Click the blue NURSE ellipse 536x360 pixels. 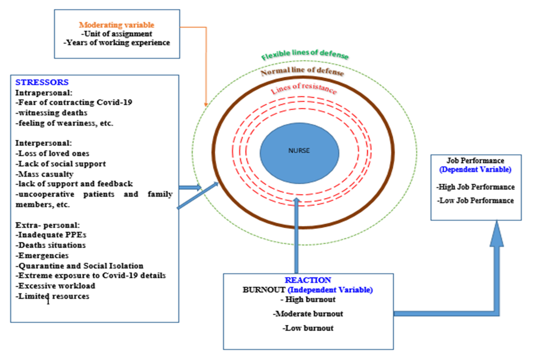click(x=299, y=150)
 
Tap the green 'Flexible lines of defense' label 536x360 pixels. click(x=305, y=56)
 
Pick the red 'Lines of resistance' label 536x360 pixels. click(x=304, y=90)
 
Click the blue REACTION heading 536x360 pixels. click(x=308, y=281)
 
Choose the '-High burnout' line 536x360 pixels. click(x=309, y=299)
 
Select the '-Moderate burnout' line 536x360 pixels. click(x=308, y=314)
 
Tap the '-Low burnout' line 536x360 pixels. click(x=308, y=328)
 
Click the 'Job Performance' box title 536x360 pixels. click(x=475, y=161)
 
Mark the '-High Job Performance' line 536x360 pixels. click(x=475, y=187)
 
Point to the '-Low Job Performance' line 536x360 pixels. click(x=475, y=201)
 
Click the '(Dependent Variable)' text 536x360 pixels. click(x=475, y=170)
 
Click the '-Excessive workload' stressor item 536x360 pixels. click(x=55, y=286)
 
